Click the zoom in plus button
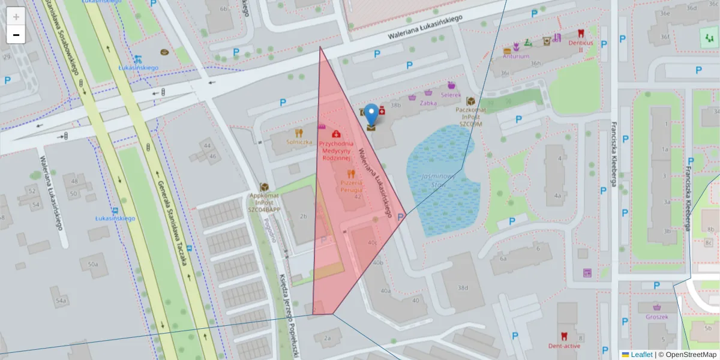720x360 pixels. (x=16, y=16)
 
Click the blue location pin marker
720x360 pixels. (x=372, y=113)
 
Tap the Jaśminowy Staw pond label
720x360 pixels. (x=436, y=181)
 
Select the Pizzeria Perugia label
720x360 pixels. (x=351, y=185)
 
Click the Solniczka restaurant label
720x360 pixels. (x=299, y=142)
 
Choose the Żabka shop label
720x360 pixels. (x=428, y=103)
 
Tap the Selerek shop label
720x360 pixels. (x=451, y=95)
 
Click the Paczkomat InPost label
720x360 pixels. (x=470, y=116)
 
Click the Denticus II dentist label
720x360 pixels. (x=580, y=46)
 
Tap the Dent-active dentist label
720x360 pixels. (x=563, y=346)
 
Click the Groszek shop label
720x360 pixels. (x=657, y=317)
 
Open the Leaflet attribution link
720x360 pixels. (x=641, y=355)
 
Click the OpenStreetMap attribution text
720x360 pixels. (x=691, y=355)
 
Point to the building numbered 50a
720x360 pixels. (x=92, y=264)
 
